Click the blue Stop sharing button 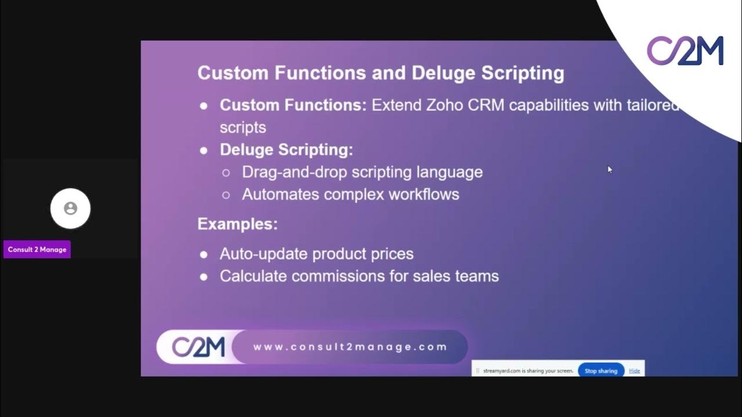601,371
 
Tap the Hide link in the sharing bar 634,371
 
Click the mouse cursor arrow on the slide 609,169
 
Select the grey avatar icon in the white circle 71,209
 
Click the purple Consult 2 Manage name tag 37,250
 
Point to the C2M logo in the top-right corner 685,50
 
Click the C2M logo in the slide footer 198,347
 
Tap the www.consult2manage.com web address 350,347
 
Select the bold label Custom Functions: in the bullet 293,105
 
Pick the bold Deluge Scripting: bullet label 286,149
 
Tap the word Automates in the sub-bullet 281,194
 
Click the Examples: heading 238,224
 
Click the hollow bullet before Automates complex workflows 226,195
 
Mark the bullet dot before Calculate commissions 203,277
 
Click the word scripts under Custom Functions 242,127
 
